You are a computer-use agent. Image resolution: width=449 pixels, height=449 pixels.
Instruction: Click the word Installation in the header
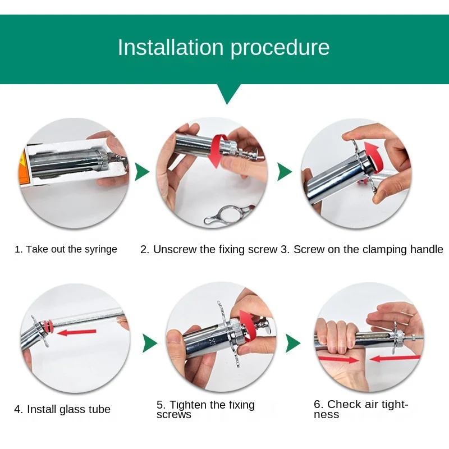click(171, 47)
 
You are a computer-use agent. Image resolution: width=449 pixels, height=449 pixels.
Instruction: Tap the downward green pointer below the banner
click(227, 94)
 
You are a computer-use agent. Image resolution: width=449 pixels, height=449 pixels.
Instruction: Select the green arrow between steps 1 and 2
click(142, 172)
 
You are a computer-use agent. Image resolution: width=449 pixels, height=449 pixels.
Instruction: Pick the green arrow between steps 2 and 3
click(285, 172)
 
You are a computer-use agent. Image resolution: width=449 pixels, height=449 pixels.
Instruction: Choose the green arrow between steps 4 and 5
click(150, 343)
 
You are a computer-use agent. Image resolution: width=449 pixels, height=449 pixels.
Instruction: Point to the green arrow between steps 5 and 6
click(293, 343)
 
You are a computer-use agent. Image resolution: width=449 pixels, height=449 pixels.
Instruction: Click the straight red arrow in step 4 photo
click(76, 332)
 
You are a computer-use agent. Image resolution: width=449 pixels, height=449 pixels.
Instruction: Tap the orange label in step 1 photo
click(24, 169)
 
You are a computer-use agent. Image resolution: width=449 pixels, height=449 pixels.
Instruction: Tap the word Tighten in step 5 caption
click(189, 405)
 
